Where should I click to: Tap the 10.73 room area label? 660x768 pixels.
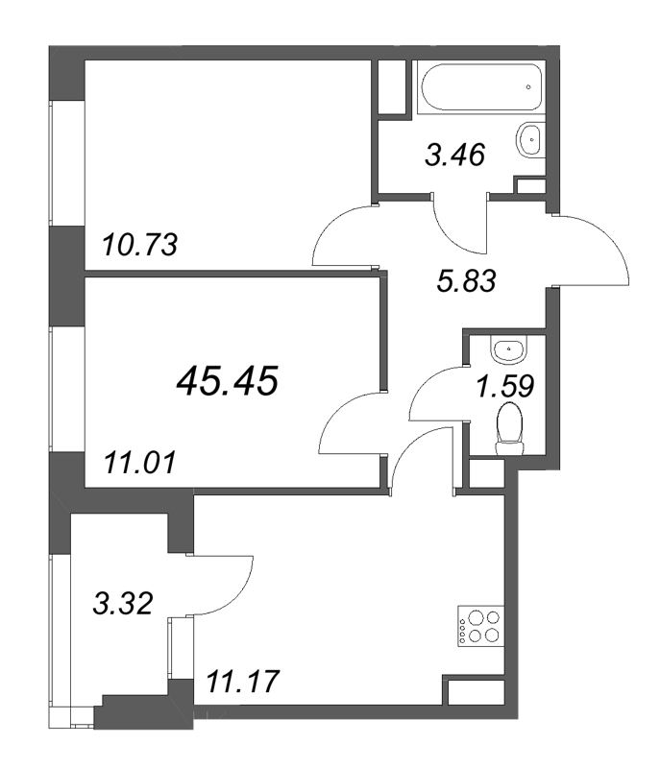pos(139,245)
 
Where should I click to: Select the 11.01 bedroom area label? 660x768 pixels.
pos(139,463)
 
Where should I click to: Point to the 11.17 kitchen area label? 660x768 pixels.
pos(242,682)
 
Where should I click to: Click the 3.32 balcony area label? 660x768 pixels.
pos(123,603)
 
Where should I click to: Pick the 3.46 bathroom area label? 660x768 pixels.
pos(454,155)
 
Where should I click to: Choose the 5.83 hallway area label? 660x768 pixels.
pos(467,280)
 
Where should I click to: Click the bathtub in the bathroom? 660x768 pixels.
pos(480,87)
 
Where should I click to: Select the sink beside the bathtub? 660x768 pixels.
pos(529,140)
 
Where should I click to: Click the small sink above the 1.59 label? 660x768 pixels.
pos(508,349)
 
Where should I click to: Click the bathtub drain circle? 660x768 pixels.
pos(528,87)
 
